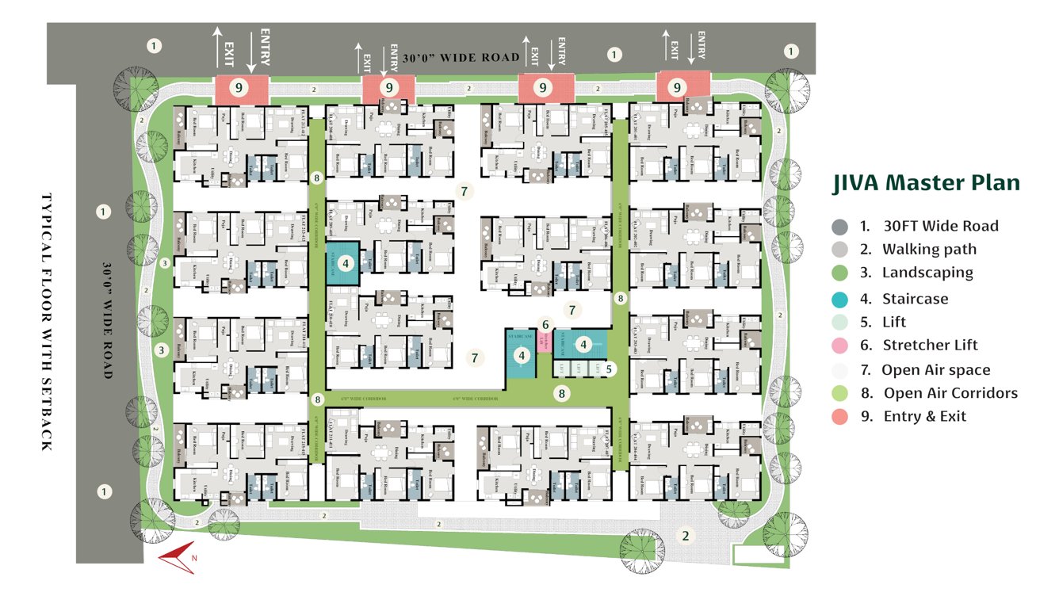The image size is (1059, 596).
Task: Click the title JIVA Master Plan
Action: [x=926, y=184]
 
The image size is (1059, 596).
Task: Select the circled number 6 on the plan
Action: [x=545, y=324]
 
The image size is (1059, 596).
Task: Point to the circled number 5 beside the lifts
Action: [x=609, y=369]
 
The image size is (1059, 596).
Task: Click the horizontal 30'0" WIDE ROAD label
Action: [x=461, y=58]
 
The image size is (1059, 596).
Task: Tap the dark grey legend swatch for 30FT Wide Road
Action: [x=840, y=227]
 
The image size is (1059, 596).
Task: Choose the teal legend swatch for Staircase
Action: [x=840, y=299]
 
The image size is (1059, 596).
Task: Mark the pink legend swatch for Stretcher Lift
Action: [x=840, y=346]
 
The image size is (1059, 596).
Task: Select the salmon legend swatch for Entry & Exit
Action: [x=840, y=416]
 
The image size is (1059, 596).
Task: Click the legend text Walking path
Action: [x=929, y=250]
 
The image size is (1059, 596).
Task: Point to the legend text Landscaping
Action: [x=927, y=273]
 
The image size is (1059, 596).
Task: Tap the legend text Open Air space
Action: [x=936, y=370]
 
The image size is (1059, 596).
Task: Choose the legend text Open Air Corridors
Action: [x=950, y=393]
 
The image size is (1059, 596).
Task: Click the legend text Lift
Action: [x=894, y=323]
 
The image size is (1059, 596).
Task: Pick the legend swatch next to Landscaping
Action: [x=840, y=273]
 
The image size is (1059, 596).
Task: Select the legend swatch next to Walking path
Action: [x=840, y=250]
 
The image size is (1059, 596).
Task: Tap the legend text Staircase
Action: [x=916, y=300]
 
